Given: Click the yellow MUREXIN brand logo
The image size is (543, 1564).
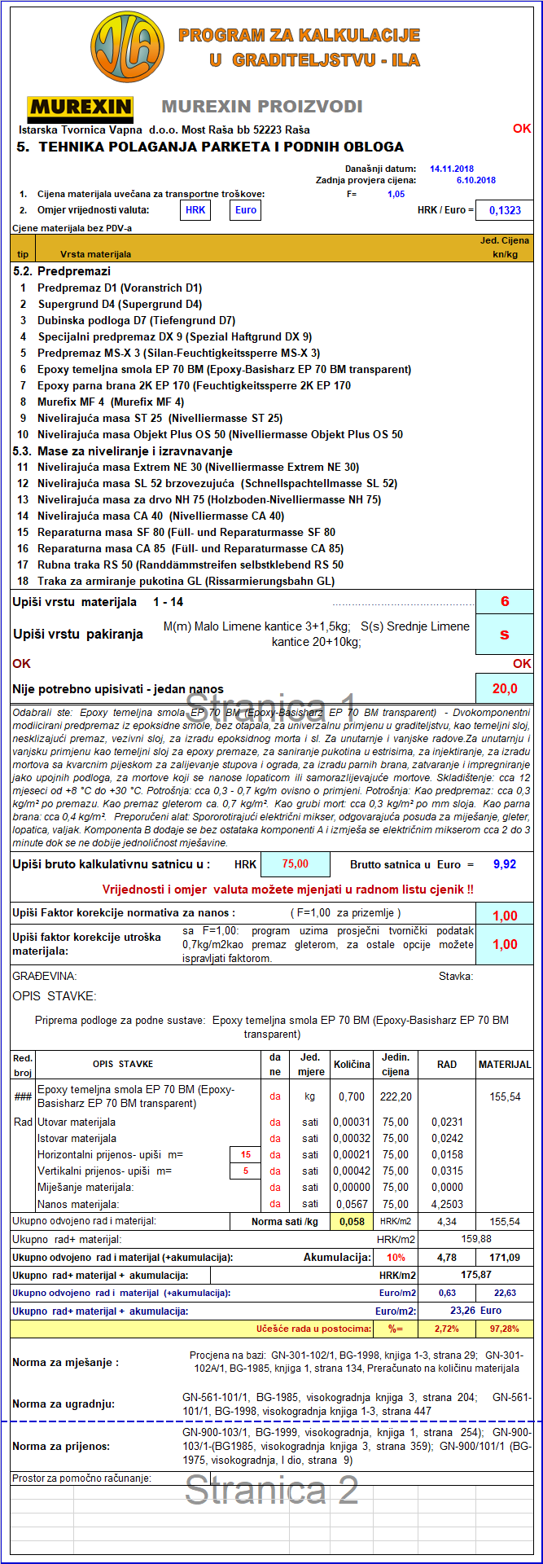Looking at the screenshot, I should click(80, 107).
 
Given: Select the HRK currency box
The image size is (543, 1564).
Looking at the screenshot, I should click(195, 210).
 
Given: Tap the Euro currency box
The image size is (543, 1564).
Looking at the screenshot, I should click(245, 210).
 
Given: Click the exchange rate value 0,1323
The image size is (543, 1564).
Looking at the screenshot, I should click(505, 210).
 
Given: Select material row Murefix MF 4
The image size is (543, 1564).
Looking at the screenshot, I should click(111, 402).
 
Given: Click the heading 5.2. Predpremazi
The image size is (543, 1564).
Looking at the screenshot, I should click(62, 271).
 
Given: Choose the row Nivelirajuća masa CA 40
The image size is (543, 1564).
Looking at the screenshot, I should click(160, 516).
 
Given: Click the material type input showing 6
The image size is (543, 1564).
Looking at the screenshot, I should click(505, 602).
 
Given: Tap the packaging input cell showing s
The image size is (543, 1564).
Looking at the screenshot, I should click(505, 634).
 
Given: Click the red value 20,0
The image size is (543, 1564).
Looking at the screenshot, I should click(505, 688).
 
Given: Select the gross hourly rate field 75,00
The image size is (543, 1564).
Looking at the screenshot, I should click(295, 864).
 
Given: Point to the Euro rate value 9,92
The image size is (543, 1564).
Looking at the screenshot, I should click(506, 864).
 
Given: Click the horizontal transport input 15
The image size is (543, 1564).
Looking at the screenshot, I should click(245, 1154).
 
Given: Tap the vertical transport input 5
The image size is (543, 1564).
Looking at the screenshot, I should click(245, 1171).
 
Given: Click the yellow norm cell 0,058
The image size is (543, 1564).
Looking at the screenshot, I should click(352, 1221).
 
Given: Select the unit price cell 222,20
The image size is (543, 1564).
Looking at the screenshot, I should click(395, 1096).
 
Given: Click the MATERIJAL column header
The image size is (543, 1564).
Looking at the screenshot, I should click(505, 1064).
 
